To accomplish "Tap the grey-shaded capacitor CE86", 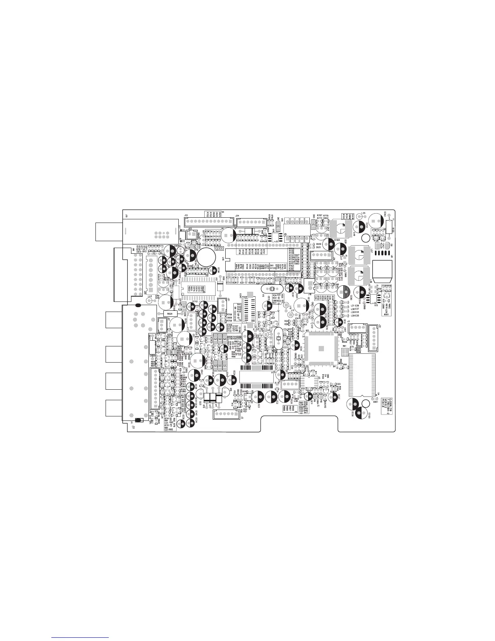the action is (343, 291).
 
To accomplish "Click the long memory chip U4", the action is (362, 375).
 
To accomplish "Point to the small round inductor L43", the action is (149, 301).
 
